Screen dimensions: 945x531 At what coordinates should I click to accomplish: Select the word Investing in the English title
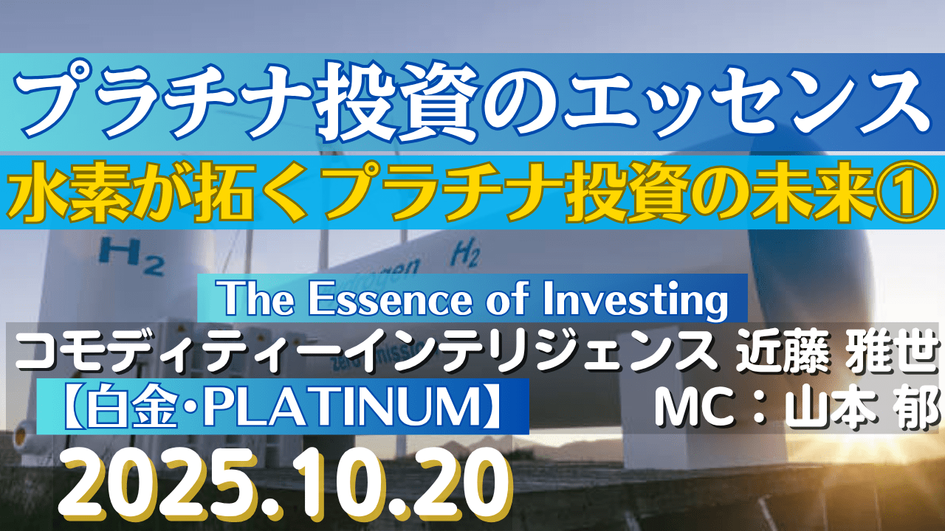pyautogui.click(x=636, y=301)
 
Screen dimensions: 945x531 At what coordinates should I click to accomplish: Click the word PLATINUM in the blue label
pyautogui.click(x=342, y=406)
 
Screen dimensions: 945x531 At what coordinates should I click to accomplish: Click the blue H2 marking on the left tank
pyautogui.click(x=131, y=255)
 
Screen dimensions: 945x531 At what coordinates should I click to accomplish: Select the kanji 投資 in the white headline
pyautogui.click(x=399, y=100)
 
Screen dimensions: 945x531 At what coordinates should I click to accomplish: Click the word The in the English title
pyautogui.click(x=258, y=299)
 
